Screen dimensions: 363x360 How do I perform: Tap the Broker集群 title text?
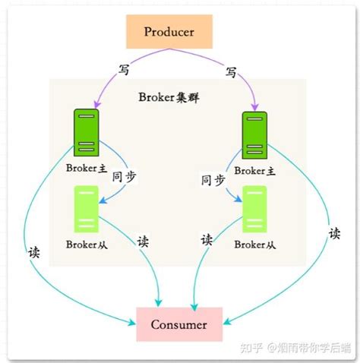[169, 97]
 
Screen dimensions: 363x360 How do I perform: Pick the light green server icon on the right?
[254, 209]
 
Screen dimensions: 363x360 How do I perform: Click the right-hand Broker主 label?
[254, 169]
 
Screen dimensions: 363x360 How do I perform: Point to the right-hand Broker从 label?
[254, 244]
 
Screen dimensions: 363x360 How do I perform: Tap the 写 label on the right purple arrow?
[231, 73]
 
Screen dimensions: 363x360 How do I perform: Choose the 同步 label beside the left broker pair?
[124, 178]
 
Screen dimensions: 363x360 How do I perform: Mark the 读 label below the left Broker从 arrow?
[143, 241]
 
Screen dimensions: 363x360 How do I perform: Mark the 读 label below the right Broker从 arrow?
[207, 240]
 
